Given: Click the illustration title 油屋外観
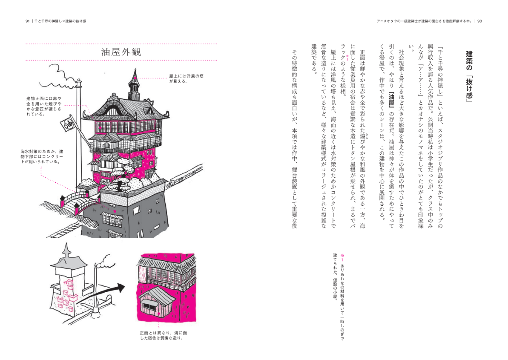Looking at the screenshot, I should pyautogui.click(x=121, y=52).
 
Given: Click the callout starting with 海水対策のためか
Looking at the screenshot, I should pyautogui.click(x=42, y=156).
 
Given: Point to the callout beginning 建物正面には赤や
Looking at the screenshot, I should pyautogui.click(x=45, y=106).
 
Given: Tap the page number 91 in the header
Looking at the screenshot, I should pyautogui.click(x=28, y=21).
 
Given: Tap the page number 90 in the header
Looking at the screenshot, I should pyautogui.click(x=479, y=21).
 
